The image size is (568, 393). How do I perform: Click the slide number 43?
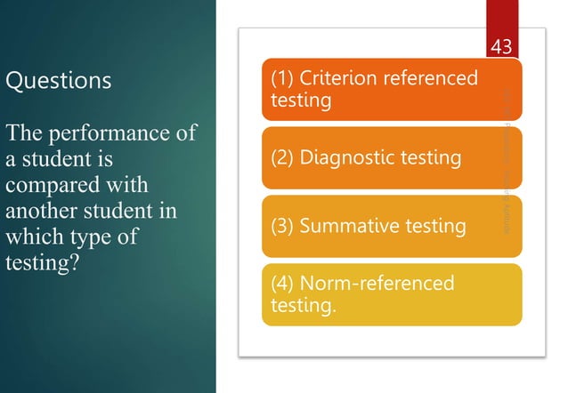point(501,47)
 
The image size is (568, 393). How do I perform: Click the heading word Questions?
point(59,80)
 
